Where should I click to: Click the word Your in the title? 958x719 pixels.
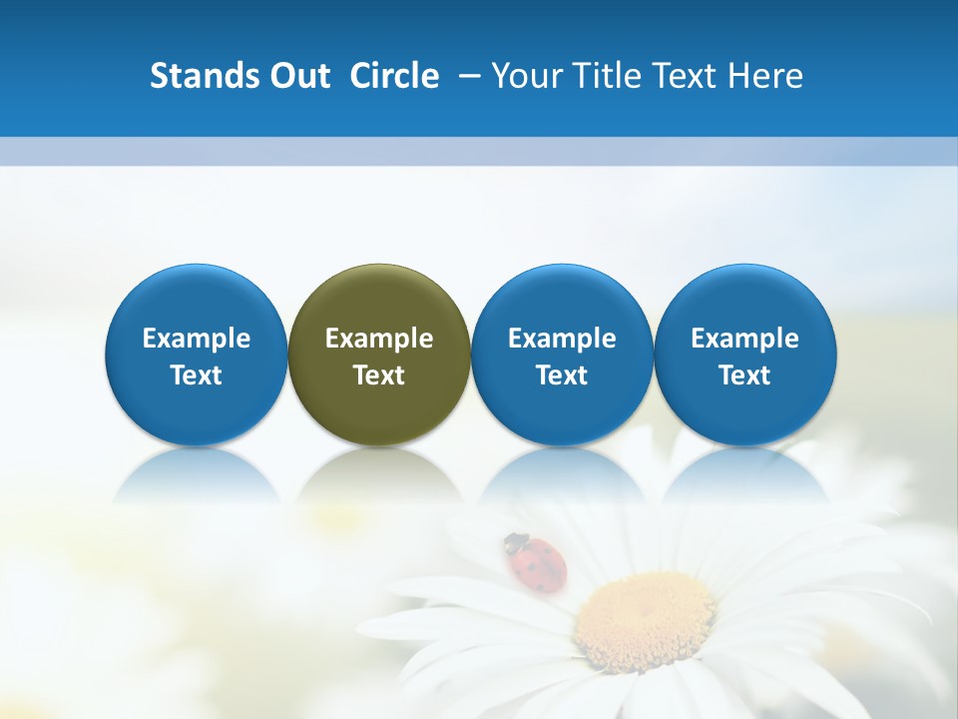coord(524,76)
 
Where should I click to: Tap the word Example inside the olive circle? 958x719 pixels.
coord(379,339)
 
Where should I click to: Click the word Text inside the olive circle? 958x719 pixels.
coord(379,375)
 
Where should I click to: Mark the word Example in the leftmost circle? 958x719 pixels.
coord(196,339)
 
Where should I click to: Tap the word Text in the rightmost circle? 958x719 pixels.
coord(744,375)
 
